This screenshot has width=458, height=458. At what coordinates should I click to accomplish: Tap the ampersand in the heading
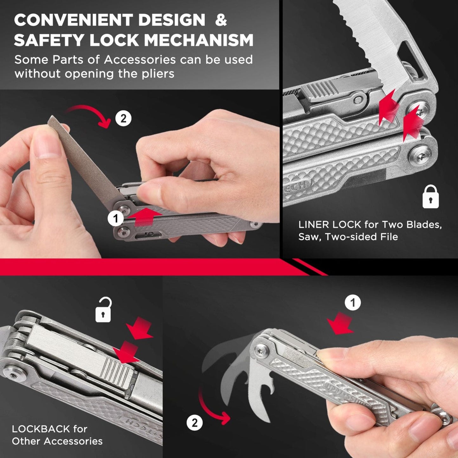click(x=221, y=20)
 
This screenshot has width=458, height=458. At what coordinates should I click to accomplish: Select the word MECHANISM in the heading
click(x=199, y=40)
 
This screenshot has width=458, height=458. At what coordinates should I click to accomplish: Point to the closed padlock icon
click(x=430, y=197)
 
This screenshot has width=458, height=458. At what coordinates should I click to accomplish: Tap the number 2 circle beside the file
click(x=123, y=118)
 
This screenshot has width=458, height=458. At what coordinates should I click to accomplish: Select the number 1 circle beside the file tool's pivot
click(x=116, y=218)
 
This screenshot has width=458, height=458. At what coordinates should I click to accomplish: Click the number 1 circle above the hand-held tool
click(x=353, y=303)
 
